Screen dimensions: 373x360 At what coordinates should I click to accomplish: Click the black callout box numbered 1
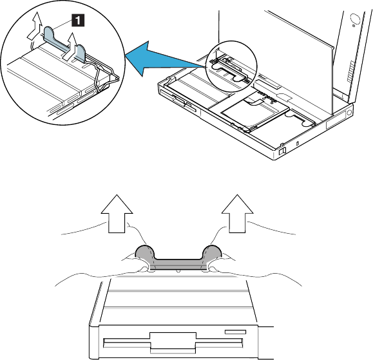click(x=78, y=20)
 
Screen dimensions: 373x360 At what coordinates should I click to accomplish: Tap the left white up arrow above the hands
click(x=117, y=213)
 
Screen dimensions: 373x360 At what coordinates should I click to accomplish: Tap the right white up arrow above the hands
click(x=237, y=213)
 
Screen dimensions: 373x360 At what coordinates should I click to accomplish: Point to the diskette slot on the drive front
click(x=173, y=343)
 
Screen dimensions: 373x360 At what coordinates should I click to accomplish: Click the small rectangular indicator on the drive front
click(x=236, y=332)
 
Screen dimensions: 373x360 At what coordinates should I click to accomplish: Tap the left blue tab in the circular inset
click(x=49, y=33)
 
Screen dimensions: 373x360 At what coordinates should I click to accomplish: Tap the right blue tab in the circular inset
click(x=80, y=53)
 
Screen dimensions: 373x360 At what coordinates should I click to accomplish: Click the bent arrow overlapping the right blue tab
click(x=70, y=46)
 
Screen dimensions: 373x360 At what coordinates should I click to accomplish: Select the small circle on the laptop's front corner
click(x=349, y=112)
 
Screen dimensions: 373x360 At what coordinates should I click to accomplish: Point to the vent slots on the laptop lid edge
click(x=350, y=71)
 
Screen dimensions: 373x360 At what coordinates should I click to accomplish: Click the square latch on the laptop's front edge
click(x=282, y=151)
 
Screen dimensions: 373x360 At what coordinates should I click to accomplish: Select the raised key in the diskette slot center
click(x=173, y=343)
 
